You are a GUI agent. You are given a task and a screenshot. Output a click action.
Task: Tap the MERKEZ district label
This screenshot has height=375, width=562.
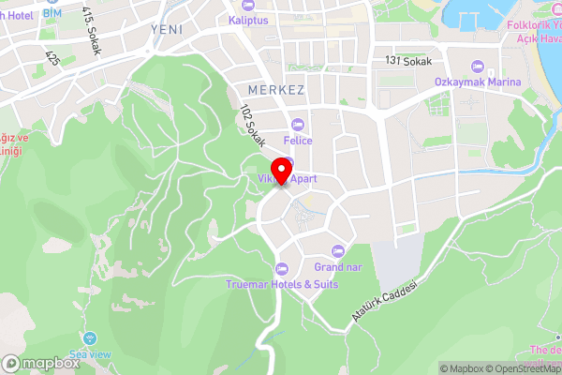tap(276, 89)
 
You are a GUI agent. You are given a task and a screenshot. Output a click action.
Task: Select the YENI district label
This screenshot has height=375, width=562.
tap(167, 29)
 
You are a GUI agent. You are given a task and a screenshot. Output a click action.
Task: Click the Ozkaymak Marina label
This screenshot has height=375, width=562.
tap(477, 82)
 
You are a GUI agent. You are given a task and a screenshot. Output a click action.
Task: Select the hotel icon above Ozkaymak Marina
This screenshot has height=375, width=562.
tap(477, 66)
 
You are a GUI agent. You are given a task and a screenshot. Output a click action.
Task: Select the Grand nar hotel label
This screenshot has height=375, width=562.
tap(338, 267)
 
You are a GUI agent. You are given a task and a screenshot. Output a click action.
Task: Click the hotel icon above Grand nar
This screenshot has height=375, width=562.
tap(338, 251)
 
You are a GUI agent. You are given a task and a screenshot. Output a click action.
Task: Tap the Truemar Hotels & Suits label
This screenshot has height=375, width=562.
tap(281, 284)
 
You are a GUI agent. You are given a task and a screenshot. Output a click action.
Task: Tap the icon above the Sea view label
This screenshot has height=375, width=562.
tap(90, 337)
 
